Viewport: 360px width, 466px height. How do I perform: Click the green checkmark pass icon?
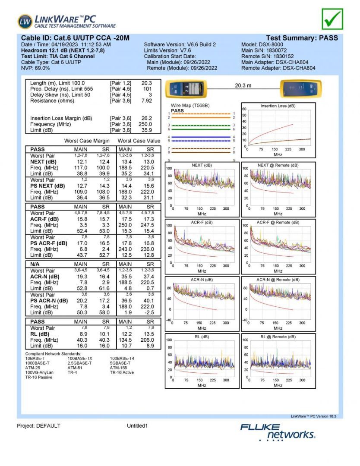click(332, 19)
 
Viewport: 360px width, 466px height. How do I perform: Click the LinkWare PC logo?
click(66, 21)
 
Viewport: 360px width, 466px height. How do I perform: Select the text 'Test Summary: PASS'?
click(302, 38)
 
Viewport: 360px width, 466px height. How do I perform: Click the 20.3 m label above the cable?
click(243, 86)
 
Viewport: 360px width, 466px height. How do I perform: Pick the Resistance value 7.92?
click(147, 101)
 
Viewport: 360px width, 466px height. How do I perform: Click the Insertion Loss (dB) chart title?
click(278, 106)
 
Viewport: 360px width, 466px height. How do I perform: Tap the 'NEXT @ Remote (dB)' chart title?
click(278, 165)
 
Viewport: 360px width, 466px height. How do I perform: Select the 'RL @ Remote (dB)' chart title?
click(278, 337)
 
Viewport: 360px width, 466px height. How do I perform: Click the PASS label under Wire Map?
click(177, 110)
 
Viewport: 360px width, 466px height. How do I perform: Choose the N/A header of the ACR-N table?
click(36, 264)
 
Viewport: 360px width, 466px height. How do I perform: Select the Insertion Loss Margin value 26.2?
click(147, 118)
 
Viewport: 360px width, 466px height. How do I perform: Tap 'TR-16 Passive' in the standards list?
click(38, 377)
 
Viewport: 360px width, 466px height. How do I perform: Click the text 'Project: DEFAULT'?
click(38, 426)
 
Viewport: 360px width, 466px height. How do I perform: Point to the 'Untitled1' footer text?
click(137, 426)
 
